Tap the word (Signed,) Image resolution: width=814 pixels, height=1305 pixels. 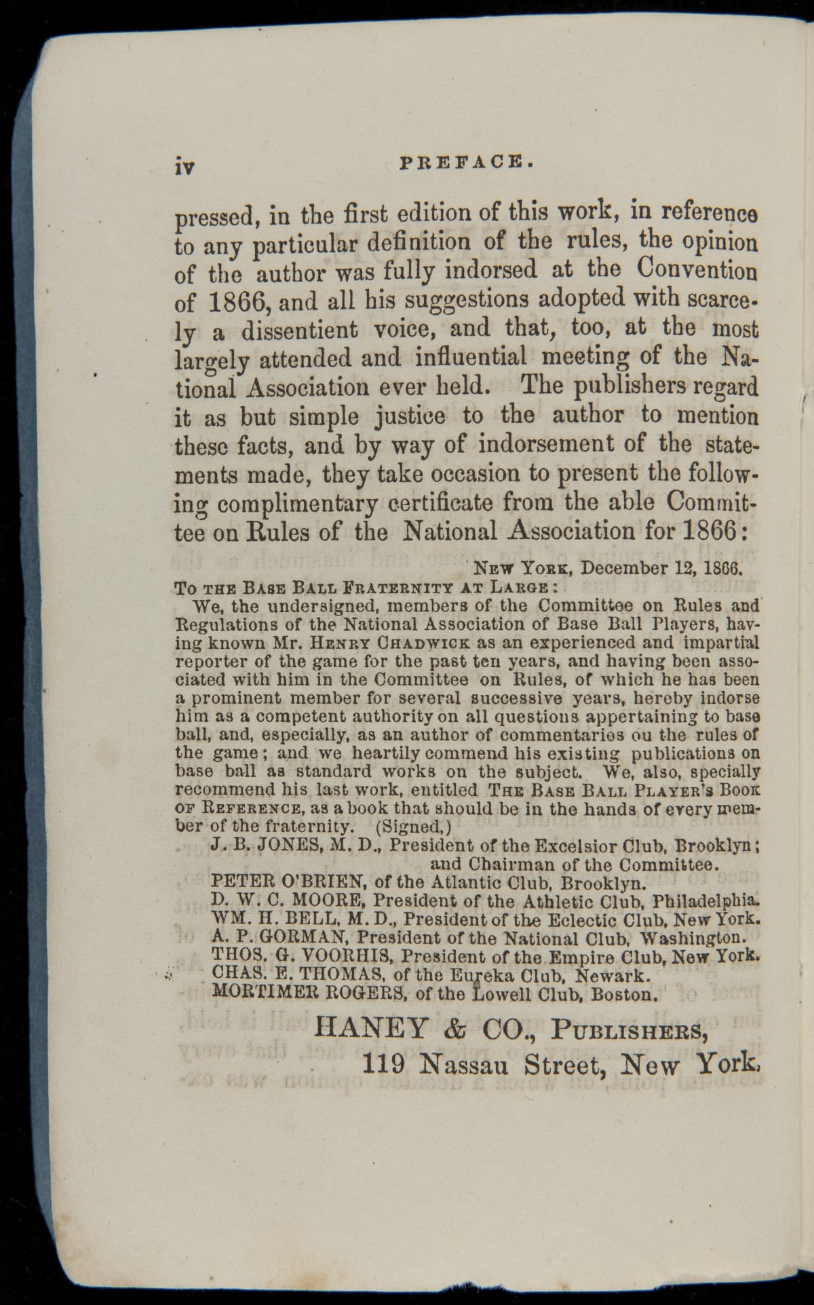tap(414, 827)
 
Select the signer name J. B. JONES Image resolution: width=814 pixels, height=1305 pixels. tap(256, 845)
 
